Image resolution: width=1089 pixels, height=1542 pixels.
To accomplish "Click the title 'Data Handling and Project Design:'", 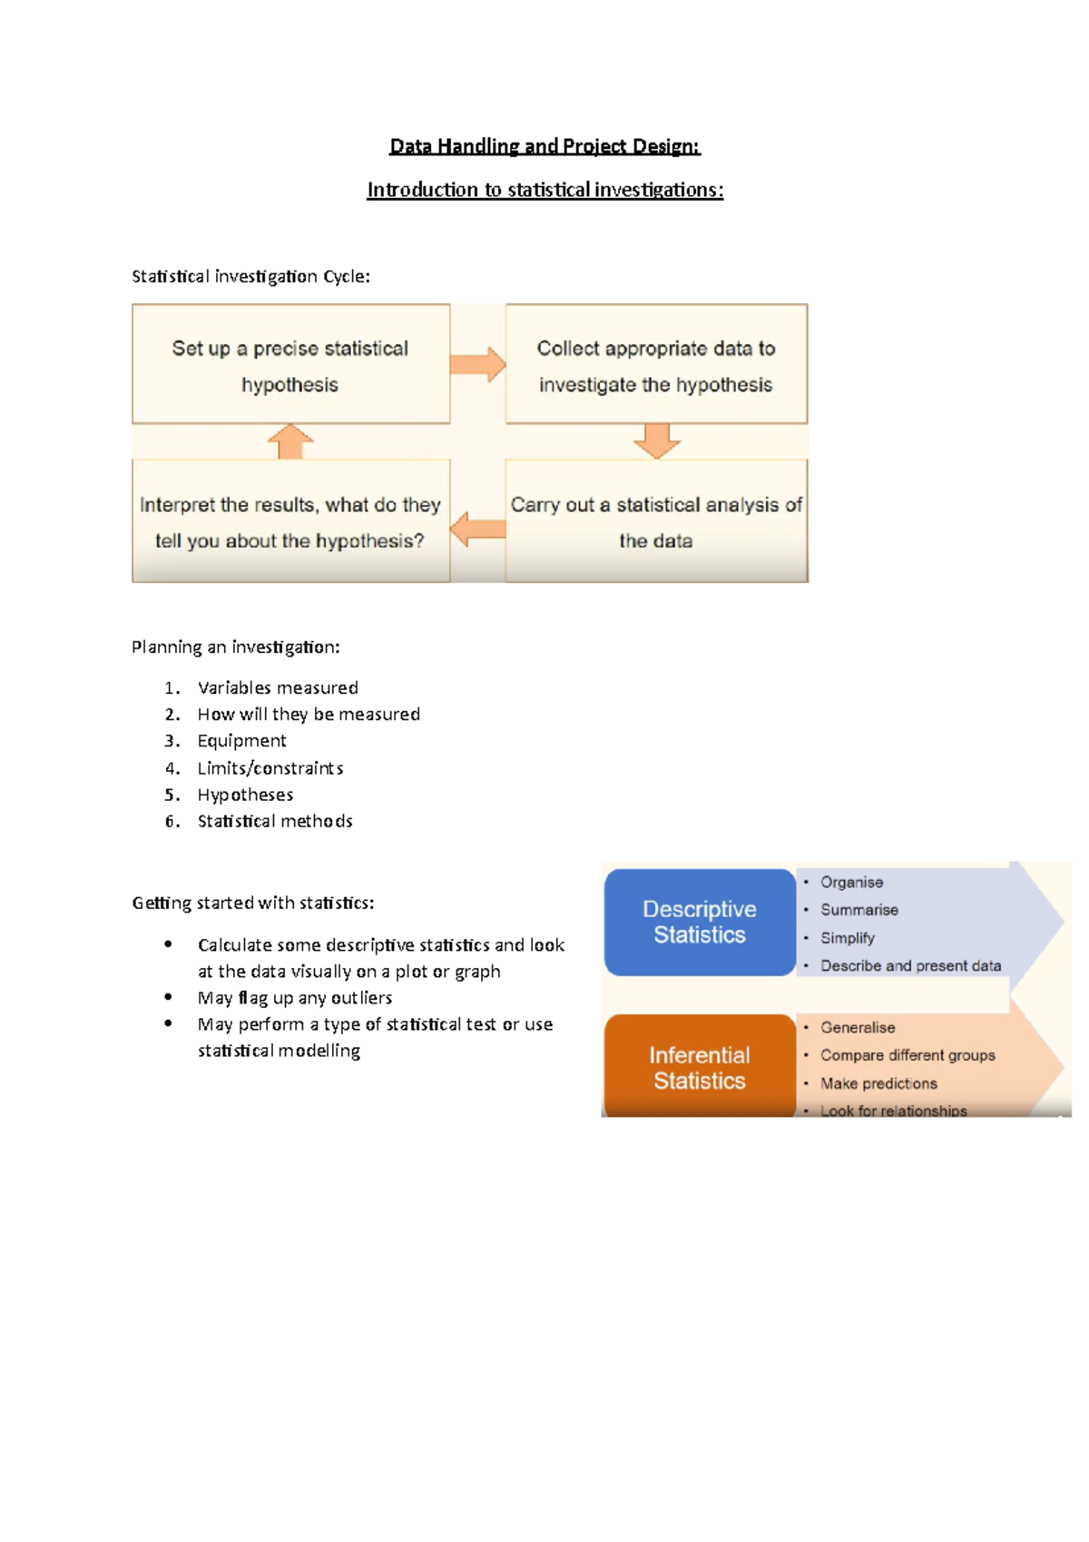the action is pyautogui.click(x=544, y=146).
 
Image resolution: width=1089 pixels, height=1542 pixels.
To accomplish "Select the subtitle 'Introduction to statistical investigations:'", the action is pyautogui.click(x=544, y=190).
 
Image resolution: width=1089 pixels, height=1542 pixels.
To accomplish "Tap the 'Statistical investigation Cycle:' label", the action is pyautogui.click(x=251, y=277).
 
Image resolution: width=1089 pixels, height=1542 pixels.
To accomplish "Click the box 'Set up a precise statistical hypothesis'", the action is pyautogui.click(x=290, y=364).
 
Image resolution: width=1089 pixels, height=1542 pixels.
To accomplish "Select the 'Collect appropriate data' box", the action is pyautogui.click(x=656, y=364).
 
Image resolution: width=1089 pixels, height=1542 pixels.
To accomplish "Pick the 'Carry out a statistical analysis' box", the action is pyautogui.click(x=656, y=521).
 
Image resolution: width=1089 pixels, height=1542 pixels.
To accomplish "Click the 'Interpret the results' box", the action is pyautogui.click(x=290, y=521).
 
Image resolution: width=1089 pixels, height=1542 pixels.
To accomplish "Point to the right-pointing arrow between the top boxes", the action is pyautogui.click(x=478, y=364).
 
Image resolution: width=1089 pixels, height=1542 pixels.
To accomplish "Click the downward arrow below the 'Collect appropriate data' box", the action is pyautogui.click(x=657, y=441).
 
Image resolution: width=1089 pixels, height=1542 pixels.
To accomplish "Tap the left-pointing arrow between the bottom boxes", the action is pyautogui.click(x=478, y=529).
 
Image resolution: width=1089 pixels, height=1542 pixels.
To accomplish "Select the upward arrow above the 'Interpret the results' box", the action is pyautogui.click(x=290, y=441).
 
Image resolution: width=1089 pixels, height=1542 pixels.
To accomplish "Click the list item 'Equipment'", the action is pyautogui.click(x=241, y=741).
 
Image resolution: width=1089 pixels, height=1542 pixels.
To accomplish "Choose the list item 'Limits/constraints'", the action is pyautogui.click(x=270, y=768).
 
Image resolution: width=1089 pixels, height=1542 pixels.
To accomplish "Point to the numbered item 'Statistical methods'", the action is pyautogui.click(x=275, y=821).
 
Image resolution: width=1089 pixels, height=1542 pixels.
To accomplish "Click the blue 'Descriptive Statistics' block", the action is pyautogui.click(x=700, y=923).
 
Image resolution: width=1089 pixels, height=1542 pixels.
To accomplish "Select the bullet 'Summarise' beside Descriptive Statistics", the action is pyautogui.click(x=859, y=910).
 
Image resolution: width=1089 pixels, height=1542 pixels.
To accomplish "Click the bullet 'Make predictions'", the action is pyautogui.click(x=878, y=1083).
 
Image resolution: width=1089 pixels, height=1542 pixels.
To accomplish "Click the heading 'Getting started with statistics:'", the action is pyautogui.click(x=253, y=904).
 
